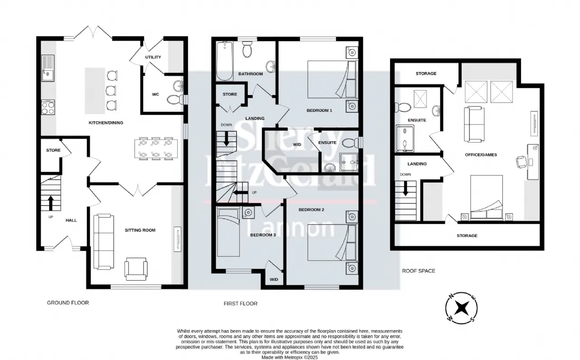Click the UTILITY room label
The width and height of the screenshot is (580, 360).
[153, 57]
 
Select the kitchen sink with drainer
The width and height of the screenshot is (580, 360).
[48, 68]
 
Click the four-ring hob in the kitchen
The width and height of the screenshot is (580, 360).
[48, 107]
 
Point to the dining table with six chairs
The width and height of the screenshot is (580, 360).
[156, 149]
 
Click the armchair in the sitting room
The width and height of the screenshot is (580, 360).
[136, 269]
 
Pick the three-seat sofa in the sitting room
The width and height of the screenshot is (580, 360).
[104, 242]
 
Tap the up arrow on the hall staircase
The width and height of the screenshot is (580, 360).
[51, 203]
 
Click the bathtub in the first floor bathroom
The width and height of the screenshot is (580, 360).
[225, 61]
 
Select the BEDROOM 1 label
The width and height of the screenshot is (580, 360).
[319, 110]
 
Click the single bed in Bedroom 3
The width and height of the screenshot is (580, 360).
[228, 232]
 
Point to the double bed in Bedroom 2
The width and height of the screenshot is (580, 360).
[332, 242]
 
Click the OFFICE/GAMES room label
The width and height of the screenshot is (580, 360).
[481, 155]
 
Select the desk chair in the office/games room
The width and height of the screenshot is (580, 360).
[521, 162]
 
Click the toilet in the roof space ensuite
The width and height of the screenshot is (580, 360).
[403, 107]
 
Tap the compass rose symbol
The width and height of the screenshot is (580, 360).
[461, 308]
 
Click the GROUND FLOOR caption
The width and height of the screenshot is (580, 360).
[68, 302]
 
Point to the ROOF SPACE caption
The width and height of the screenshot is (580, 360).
[418, 271]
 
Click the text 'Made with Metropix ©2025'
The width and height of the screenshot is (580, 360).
[290, 357]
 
